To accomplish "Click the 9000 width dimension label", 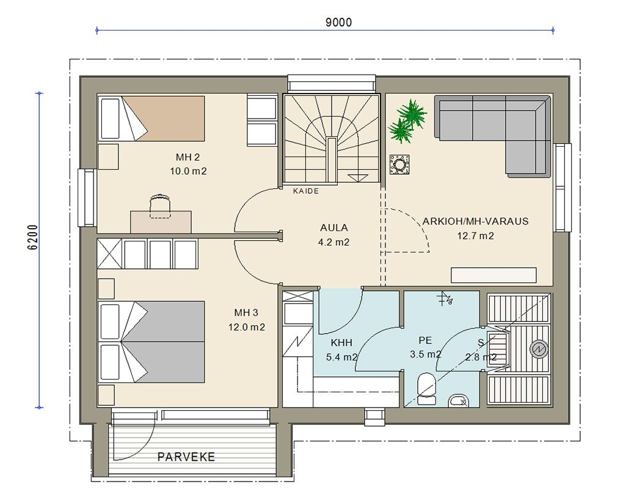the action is [338, 22].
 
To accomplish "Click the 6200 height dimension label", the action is [34, 237].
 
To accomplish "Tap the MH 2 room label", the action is [188, 157].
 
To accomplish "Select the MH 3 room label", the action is [246, 313].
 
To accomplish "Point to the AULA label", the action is [333, 228].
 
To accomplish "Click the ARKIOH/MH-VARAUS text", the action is [475, 221].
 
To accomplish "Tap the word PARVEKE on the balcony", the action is [186, 457].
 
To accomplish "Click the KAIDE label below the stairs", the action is [306, 191].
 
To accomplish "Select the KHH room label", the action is [341, 343].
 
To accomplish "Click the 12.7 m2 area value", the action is [475, 236].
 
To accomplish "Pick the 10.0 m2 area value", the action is [188, 171].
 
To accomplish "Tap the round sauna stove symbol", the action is [539, 349].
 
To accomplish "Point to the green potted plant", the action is [407, 121].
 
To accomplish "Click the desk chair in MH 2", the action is [160, 206].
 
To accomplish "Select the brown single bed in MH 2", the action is [151, 119].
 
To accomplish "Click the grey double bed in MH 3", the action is [151, 342].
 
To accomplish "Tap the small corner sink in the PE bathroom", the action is [458, 401].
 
